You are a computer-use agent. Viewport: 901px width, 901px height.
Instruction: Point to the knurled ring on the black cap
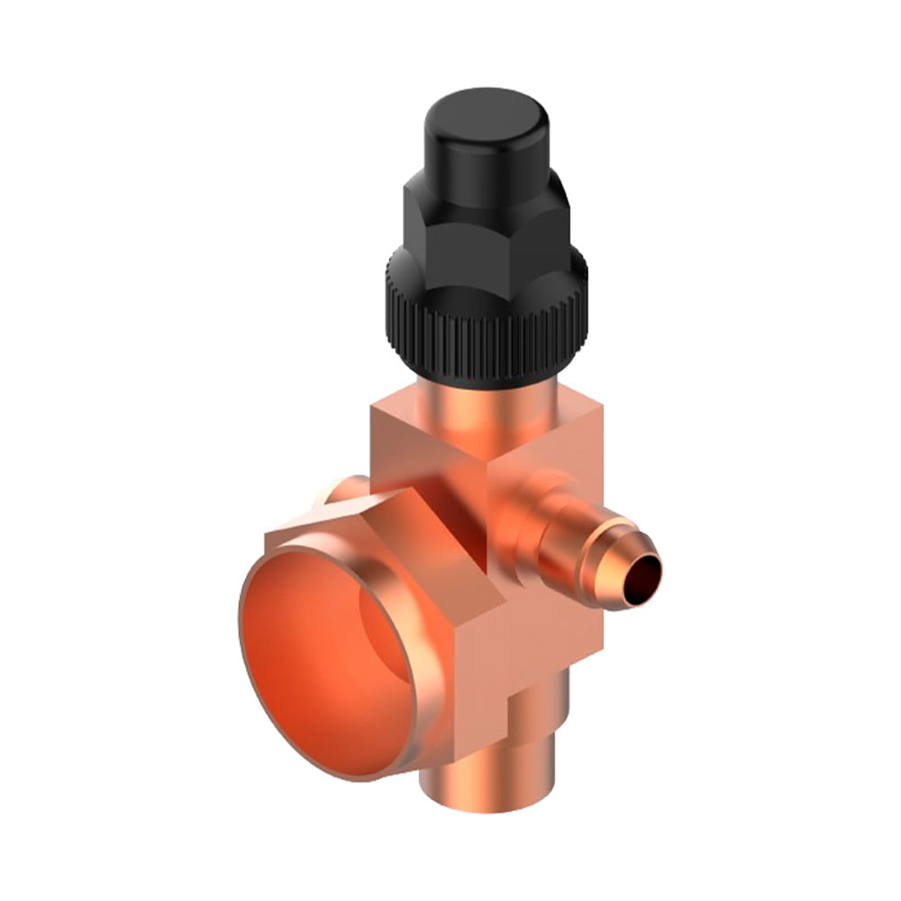point(487,342)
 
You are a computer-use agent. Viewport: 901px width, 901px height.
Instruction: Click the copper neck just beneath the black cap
point(487,405)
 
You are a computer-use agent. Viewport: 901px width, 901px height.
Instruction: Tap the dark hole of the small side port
point(642,577)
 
